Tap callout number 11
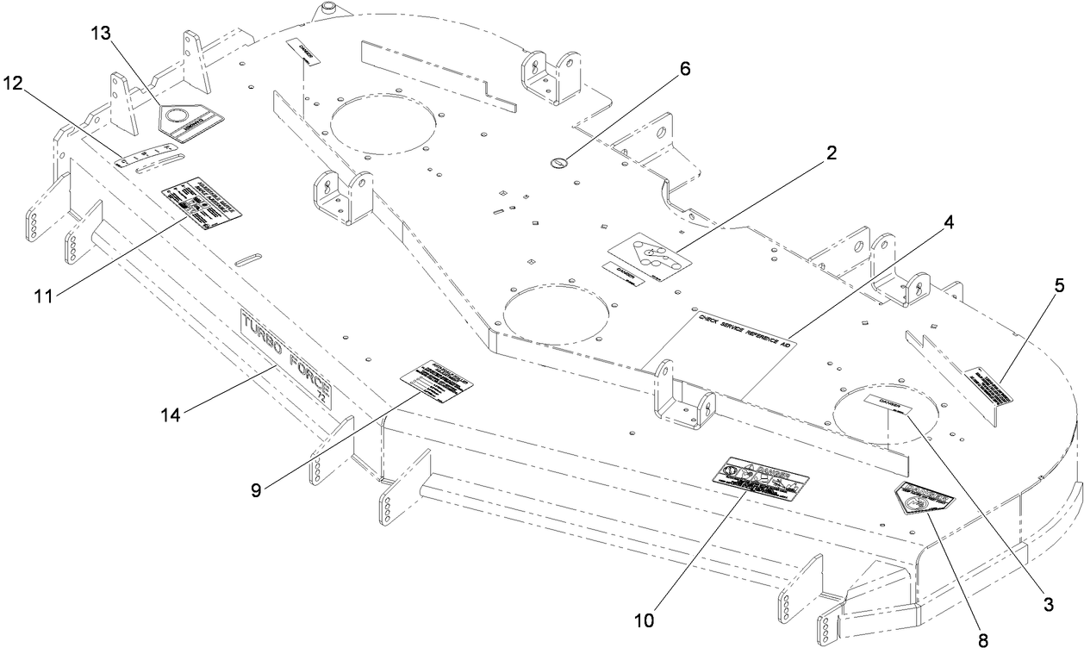[43, 296]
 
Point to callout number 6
[684, 68]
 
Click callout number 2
[830, 153]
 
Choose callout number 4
[948, 221]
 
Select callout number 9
[255, 489]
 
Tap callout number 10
[645, 619]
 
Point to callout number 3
[1048, 604]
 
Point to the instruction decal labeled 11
[202, 205]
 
